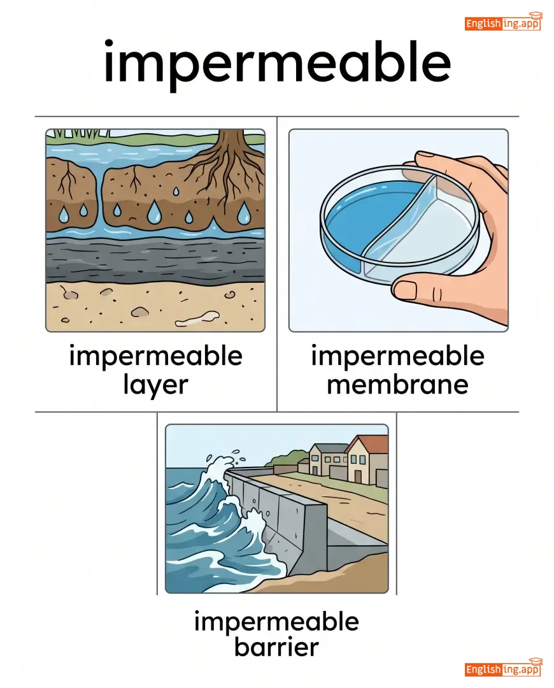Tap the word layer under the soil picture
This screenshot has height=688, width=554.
(156, 386)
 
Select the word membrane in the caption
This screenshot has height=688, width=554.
(397, 385)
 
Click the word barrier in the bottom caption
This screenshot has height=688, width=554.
(276, 647)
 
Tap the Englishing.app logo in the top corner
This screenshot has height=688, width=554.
(504, 22)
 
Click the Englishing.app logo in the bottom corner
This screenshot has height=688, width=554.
(504, 668)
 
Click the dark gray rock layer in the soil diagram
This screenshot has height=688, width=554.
(155, 262)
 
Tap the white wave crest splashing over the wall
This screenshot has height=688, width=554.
(219, 474)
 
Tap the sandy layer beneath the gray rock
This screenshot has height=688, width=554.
(155, 307)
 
